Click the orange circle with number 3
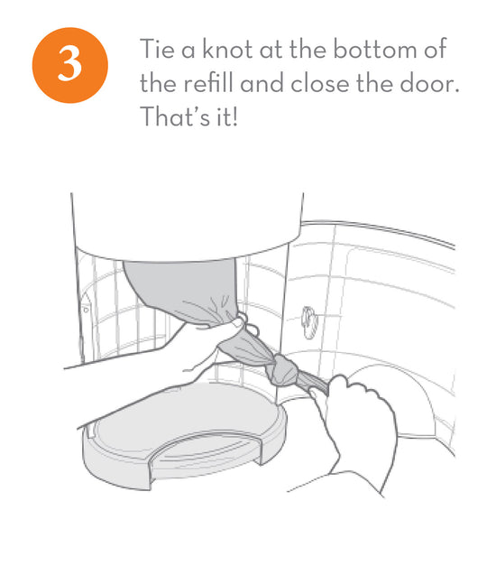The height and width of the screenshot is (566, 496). (70, 65)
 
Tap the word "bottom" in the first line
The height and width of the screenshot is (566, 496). (375, 49)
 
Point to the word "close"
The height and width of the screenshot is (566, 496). (320, 83)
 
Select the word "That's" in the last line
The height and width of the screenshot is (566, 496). (175, 116)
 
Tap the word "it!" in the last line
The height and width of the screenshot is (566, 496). (227, 116)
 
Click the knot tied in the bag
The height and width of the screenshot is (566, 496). (284, 368)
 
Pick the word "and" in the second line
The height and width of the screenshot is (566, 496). (262, 83)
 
